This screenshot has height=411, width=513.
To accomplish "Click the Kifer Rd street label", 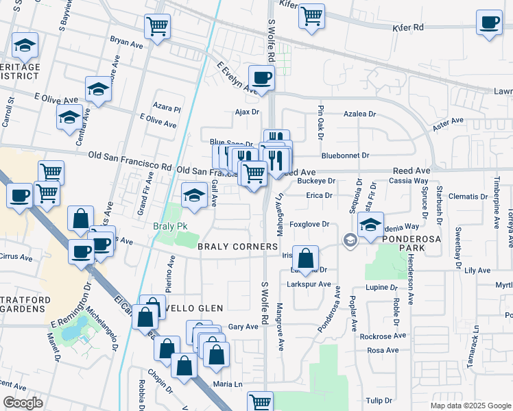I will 409,28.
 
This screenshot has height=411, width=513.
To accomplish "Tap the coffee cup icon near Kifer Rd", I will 490,21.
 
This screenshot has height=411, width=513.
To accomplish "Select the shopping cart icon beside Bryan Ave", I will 157,27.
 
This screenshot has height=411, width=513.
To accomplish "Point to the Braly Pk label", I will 171,226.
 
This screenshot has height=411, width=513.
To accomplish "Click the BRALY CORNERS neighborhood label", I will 238,246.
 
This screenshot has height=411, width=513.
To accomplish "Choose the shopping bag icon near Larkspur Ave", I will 306,258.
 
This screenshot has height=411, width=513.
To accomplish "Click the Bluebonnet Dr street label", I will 345,155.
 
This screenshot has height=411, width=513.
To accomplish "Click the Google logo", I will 23,403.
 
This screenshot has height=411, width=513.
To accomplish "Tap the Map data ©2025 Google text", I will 470,406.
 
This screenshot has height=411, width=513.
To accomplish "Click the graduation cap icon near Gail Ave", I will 194,195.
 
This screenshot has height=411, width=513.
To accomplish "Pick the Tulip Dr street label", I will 379,401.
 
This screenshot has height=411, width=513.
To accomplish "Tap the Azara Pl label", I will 167,109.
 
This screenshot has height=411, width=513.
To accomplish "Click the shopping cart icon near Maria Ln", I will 260,401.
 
